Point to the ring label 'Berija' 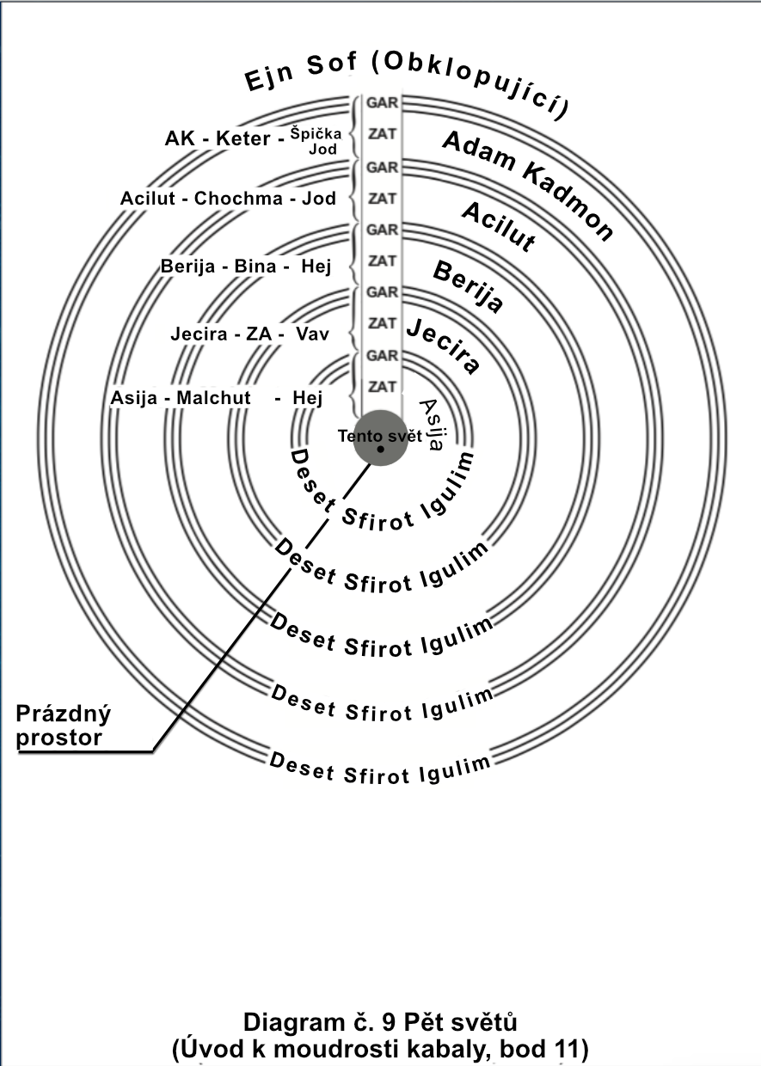[468, 287]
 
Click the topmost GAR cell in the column [382, 101]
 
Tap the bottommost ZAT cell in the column [382, 386]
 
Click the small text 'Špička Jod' [316, 141]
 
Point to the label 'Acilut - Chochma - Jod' [228, 199]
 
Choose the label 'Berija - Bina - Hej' [246, 266]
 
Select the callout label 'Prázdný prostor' [64, 725]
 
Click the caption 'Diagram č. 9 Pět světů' [380, 1023]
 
